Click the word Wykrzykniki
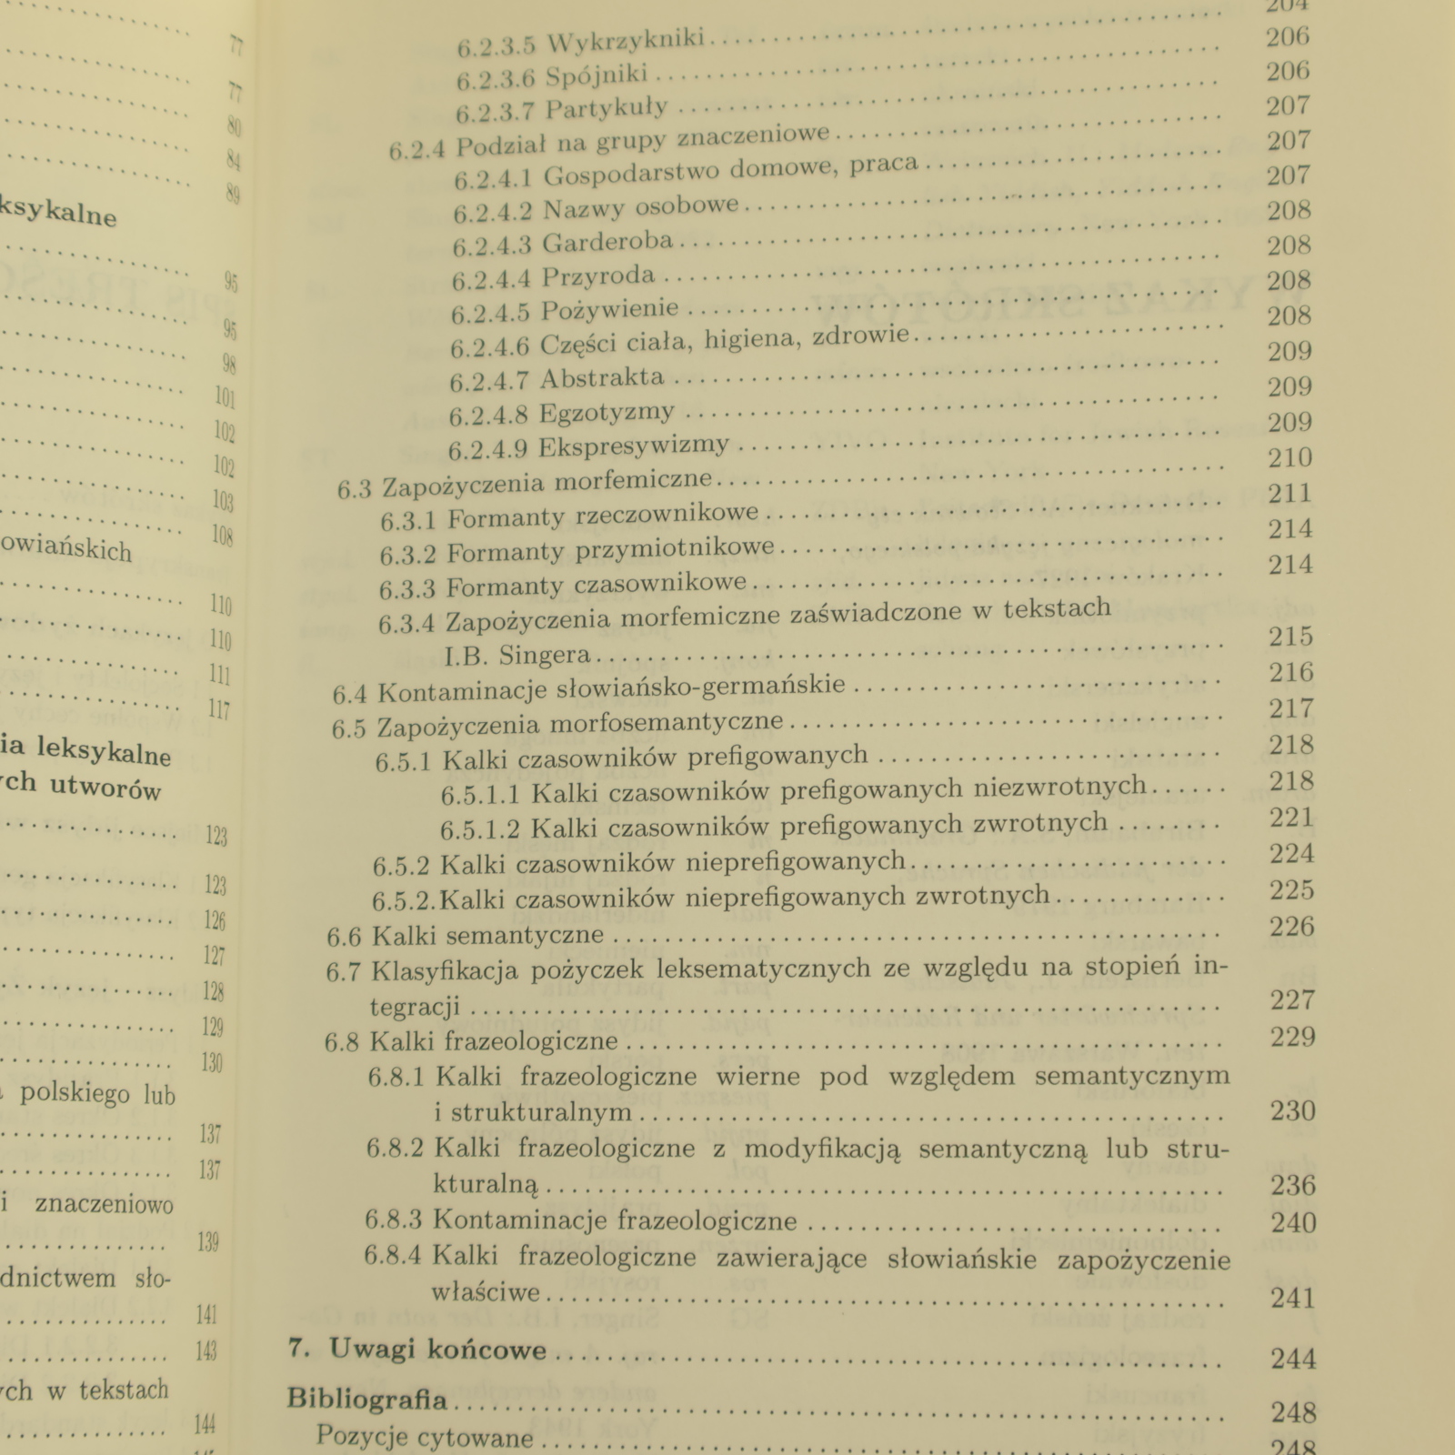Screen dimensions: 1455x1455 click(628, 41)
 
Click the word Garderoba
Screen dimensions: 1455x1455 click(607, 242)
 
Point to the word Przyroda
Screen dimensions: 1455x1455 click(598, 276)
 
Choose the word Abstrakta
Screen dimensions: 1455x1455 click(602, 377)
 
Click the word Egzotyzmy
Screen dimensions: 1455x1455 click(607, 412)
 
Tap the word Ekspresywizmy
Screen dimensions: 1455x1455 click(634, 447)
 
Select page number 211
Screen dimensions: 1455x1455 click(1289, 493)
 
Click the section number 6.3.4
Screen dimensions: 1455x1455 click(406, 623)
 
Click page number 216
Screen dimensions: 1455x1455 click(1292, 672)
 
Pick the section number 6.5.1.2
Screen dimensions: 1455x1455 click(480, 829)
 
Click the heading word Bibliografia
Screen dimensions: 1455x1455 click(367, 1398)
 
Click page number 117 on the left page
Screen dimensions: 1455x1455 click(218, 709)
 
